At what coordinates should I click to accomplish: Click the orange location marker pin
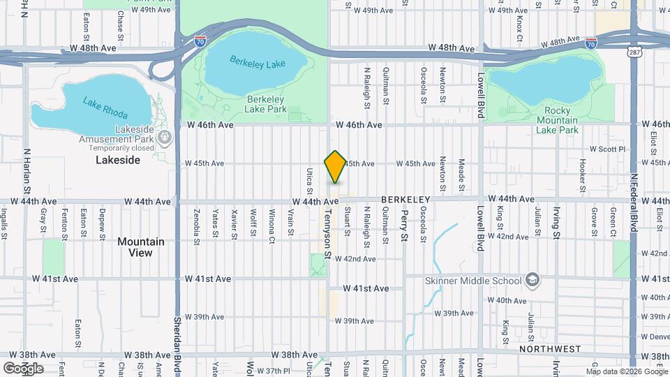[335, 166]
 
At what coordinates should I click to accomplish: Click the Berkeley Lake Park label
[267, 104]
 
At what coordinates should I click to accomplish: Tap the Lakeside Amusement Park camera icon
[165, 138]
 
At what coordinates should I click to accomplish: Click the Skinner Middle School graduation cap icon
[533, 281]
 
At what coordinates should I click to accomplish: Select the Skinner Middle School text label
[473, 281]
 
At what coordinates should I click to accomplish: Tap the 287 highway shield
[635, 52]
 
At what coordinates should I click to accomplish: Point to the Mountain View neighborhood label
[141, 247]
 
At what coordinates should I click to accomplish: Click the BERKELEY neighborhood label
[405, 200]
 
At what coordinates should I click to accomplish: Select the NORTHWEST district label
[549, 348]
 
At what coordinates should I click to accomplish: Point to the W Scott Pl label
[608, 149]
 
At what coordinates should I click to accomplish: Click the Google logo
[22, 368]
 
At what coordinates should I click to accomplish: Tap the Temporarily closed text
[122, 147]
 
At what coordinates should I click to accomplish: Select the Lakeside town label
[118, 160]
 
